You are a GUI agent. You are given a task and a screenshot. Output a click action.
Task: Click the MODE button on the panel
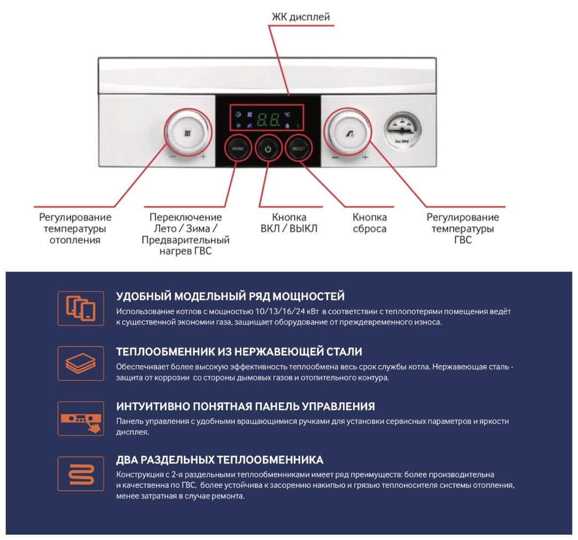point(237,149)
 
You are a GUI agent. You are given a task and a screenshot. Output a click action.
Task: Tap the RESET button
point(298,149)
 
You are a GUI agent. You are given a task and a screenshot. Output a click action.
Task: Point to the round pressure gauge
point(403,130)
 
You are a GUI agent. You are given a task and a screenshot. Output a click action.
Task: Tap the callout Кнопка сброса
point(370,223)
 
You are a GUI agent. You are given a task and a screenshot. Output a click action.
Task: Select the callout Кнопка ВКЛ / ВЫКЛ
point(289,223)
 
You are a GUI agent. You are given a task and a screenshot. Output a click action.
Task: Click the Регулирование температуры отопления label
point(75,228)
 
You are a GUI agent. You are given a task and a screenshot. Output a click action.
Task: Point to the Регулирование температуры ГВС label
point(463,228)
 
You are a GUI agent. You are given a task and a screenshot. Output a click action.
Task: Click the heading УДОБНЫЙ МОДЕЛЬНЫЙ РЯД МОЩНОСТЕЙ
point(230,296)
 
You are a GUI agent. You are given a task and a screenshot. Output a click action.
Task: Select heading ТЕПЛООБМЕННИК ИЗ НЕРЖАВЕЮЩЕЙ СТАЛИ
point(239,352)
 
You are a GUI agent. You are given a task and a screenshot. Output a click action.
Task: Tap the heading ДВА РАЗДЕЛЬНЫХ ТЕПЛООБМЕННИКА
point(220,460)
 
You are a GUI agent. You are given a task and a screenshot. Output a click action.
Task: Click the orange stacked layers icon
point(81,363)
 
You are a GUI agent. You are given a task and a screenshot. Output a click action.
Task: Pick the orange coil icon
point(81,473)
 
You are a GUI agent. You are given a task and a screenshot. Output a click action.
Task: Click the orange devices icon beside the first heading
point(81,308)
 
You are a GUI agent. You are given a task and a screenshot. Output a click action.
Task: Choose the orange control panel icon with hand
point(81,418)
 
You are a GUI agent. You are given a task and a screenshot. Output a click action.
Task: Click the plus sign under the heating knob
point(204,157)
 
